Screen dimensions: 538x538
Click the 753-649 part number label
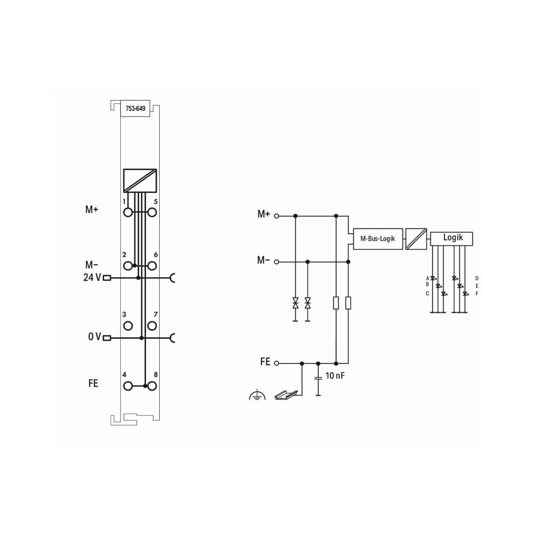(x=135, y=109)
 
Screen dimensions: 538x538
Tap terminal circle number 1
(x=128, y=213)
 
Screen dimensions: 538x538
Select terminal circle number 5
(x=152, y=213)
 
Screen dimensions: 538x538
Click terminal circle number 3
(x=128, y=326)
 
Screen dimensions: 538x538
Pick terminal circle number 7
(x=152, y=326)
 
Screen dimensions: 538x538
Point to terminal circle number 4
(x=128, y=386)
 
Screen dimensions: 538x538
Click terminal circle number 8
(x=152, y=386)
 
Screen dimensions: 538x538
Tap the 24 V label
(x=92, y=277)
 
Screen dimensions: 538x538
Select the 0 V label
(x=94, y=337)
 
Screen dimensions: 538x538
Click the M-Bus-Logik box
(x=378, y=239)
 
